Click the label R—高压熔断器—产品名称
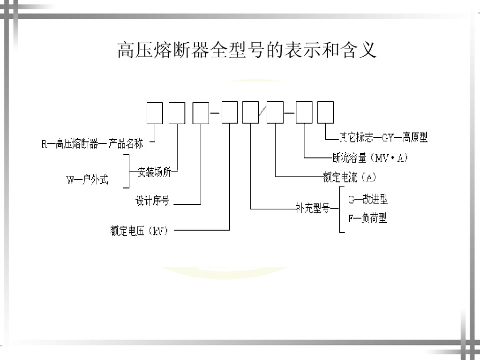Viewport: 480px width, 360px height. [x=92, y=143]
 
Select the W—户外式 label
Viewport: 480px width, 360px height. [x=87, y=179]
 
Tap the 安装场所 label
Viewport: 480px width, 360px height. [x=154, y=172]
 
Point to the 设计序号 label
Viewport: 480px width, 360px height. [x=152, y=202]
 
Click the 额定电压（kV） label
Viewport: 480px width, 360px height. [x=139, y=231]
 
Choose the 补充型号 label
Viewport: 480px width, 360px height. [x=313, y=209]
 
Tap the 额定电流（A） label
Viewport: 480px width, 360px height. [x=350, y=177]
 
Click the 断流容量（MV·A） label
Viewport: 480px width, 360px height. [x=370, y=158]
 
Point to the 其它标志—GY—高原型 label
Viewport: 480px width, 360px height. [x=383, y=137]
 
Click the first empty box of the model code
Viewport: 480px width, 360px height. [x=155, y=113]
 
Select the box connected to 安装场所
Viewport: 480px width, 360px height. [x=177, y=113]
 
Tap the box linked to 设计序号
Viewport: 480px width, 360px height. [x=201, y=113]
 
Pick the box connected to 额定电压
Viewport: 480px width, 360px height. [x=230, y=113]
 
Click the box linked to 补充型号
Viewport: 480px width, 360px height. [x=250, y=113]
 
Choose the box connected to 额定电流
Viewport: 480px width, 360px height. [x=275, y=113]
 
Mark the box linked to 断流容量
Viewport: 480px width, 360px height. [x=304, y=113]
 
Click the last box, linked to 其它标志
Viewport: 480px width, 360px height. [x=325, y=113]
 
